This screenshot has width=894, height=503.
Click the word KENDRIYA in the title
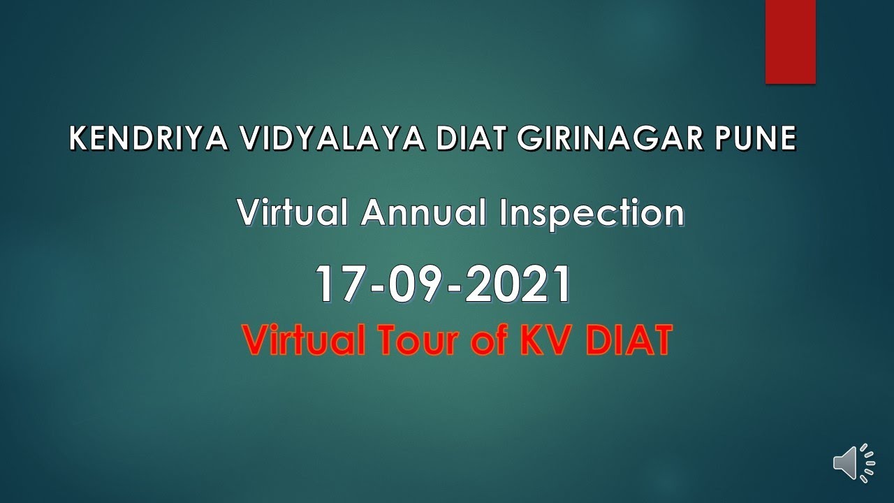148,139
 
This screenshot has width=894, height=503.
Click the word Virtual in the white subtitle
293,212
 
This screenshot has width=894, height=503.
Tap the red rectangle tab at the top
791,41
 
